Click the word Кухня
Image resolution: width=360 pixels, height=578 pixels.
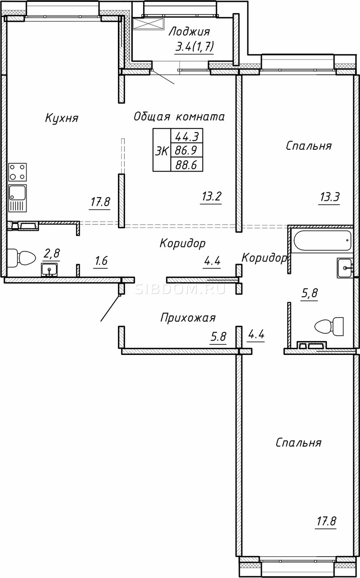62,118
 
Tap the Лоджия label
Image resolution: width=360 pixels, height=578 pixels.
189,32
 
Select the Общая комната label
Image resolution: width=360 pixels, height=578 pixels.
179,117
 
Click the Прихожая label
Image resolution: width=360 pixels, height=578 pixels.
188,318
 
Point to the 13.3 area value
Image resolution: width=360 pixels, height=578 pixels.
330,197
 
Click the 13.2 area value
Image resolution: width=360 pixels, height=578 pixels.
211,197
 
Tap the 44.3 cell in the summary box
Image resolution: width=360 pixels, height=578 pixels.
187,136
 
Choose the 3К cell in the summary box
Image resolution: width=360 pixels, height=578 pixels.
162,150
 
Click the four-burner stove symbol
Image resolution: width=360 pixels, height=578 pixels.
17,172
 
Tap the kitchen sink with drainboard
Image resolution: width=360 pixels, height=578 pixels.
17,198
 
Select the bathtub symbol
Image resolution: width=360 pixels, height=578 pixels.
322,240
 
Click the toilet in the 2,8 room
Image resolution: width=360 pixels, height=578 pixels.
21,258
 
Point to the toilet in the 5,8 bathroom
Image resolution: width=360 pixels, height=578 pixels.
329,327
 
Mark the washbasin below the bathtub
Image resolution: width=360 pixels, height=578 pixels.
345,268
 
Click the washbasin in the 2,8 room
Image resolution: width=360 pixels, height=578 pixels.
50,270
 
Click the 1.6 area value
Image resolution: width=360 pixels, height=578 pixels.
101,261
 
